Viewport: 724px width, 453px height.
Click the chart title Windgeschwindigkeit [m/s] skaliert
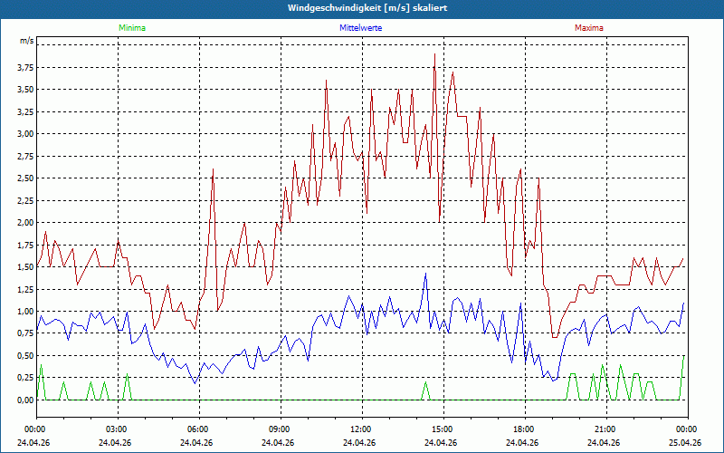coord(367,8)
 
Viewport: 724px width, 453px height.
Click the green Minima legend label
coord(132,28)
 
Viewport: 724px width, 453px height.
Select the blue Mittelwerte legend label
coord(360,28)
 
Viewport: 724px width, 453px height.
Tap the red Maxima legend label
coord(589,28)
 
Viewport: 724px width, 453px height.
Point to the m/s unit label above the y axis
coord(27,41)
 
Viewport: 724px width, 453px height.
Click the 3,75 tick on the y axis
coord(26,67)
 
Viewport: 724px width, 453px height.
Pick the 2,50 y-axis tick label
coord(26,178)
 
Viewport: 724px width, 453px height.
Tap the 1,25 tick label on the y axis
coord(26,289)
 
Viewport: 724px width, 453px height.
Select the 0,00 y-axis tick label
coord(26,400)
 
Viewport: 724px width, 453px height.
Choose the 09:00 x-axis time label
coord(281,429)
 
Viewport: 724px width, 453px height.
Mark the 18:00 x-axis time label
coord(525,429)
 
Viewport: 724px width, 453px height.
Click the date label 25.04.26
coord(685,442)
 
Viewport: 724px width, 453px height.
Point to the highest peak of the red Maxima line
coord(434,54)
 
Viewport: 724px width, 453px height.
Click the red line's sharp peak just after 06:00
coord(213,169)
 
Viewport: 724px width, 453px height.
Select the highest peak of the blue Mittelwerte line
coord(425,274)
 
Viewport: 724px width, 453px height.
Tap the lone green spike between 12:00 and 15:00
coord(425,382)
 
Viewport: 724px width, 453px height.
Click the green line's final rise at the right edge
coord(681,377)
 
